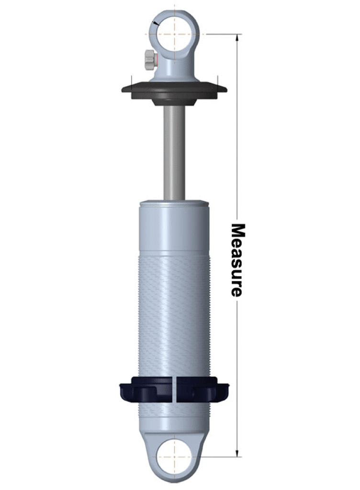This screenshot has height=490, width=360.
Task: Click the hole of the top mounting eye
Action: click(174, 29)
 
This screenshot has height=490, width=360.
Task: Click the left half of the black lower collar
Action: click(146, 389)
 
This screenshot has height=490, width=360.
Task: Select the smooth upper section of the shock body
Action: click(174, 227)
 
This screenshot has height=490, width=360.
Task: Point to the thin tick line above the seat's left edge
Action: click(130, 80)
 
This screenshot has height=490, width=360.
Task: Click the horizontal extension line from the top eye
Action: click(220, 34)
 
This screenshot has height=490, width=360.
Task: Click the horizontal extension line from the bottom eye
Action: click(220, 456)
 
